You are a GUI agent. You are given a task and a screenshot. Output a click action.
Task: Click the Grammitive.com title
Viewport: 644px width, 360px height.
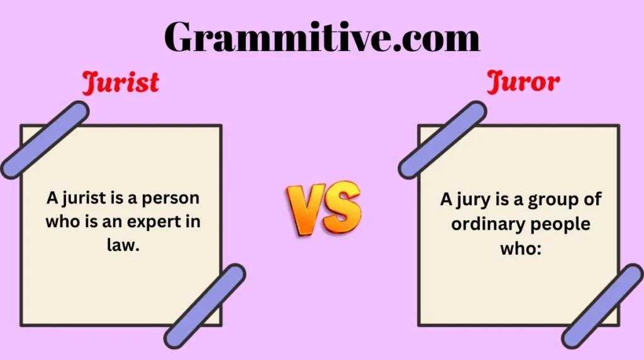[322, 37]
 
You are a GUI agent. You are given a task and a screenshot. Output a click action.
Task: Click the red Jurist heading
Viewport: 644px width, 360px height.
[120, 83]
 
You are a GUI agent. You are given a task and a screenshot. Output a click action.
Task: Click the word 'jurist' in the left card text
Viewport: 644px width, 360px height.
[80, 198]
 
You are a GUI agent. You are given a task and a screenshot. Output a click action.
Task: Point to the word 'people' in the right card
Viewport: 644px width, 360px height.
[560, 224]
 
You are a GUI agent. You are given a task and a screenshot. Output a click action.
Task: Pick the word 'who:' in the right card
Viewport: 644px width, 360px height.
[520, 247]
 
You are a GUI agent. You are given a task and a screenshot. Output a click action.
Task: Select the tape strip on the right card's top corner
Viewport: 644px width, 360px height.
[442, 139]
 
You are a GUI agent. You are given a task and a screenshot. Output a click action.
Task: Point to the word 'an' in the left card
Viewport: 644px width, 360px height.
[117, 222]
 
